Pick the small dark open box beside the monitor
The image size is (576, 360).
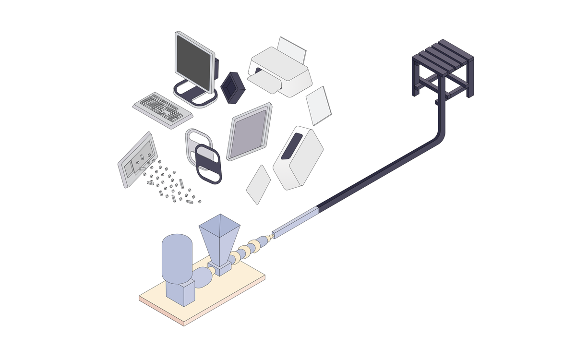[233, 88]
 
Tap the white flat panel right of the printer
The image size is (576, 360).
[319, 105]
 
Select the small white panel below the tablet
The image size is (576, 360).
[259, 184]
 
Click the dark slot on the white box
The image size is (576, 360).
[292, 146]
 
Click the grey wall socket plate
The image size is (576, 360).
[137, 160]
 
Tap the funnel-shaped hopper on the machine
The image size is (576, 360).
[220, 238]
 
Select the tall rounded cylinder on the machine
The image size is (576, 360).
[177, 257]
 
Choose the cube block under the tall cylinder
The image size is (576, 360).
[180, 293]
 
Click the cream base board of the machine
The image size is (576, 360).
[226, 288]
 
